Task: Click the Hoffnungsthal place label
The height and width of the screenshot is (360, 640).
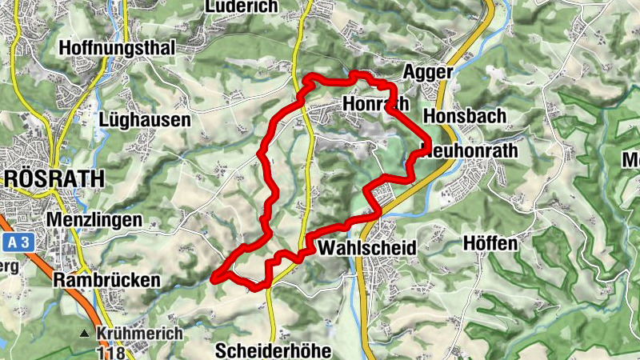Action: pyautogui.click(x=116, y=48)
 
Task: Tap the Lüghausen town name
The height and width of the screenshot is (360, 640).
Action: pyautogui.click(x=146, y=120)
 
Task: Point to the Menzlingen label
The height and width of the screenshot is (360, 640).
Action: pyautogui.click(x=94, y=219)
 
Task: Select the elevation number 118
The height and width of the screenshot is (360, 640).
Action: pyautogui.click(x=110, y=351)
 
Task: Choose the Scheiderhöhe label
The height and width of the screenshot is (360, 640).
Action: pyautogui.click(x=272, y=351)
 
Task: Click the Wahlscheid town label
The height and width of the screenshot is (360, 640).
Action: pyautogui.click(x=367, y=249)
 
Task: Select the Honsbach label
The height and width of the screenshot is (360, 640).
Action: pyautogui.click(x=465, y=116)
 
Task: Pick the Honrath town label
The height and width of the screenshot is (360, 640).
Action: pyautogui.click(x=374, y=104)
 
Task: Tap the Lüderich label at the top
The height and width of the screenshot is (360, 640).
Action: pyautogui.click(x=241, y=6)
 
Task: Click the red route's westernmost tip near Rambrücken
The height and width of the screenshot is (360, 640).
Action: pyautogui.click(x=213, y=278)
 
